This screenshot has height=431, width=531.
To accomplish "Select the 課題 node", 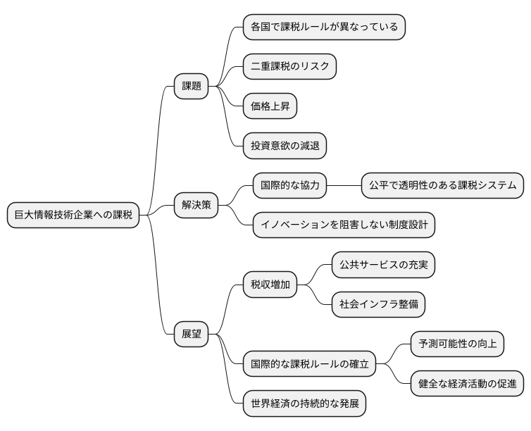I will [192, 86].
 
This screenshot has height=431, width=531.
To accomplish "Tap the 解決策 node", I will [196, 206].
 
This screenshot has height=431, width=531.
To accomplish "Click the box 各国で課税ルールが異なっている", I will [324, 27].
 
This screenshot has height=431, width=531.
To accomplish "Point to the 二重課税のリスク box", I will [289, 67].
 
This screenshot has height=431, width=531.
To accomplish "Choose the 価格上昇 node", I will [270, 106].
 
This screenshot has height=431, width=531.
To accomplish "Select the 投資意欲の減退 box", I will [285, 146].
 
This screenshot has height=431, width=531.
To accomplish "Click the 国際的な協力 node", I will [290, 185].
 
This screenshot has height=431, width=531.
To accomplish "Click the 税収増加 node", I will [270, 285].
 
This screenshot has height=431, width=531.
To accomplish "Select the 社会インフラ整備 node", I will [379, 305].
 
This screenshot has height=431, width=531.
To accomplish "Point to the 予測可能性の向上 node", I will [458, 344].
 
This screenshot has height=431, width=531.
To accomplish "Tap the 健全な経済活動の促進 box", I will [468, 384].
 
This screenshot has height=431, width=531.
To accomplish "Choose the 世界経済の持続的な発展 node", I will [304, 404].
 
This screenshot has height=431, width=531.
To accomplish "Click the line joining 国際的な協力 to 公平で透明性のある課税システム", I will [344, 185].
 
